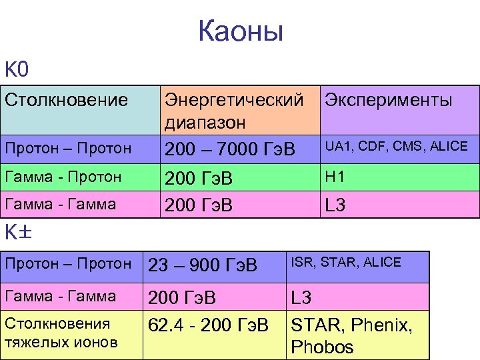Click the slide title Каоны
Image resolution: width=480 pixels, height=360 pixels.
click(241, 32)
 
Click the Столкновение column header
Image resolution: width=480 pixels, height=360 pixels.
click(66, 101)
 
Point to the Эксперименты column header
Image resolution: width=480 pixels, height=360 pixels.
click(387, 101)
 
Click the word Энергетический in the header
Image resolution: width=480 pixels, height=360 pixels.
click(234, 101)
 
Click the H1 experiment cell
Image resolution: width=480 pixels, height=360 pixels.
click(333, 177)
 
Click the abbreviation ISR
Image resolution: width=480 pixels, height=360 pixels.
click(302, 263)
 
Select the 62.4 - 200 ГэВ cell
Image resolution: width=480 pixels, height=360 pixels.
click(208, 325)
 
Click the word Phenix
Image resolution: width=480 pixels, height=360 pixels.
click(382, 325)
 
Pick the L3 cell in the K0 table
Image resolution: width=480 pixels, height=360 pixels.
click(335, 205)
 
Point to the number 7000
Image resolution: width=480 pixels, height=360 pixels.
click(243, 149)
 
